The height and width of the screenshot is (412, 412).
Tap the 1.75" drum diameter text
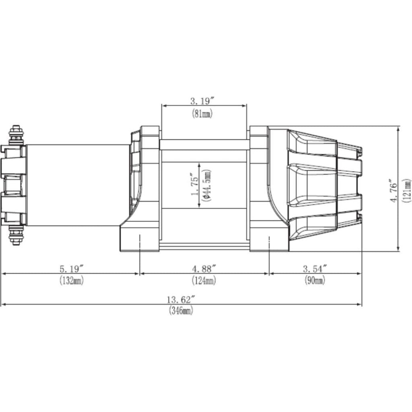195,185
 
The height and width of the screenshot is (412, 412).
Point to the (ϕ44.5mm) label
207,185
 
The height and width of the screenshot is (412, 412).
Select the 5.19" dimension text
72,268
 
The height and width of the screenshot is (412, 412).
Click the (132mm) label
71,281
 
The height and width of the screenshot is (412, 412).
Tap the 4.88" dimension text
204,268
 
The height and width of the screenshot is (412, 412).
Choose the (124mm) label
203,281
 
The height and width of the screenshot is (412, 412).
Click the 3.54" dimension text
315,268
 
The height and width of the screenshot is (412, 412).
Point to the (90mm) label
314,281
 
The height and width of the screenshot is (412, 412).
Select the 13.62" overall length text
181,299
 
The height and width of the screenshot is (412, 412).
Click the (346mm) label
181,311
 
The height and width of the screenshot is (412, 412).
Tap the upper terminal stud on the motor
16,135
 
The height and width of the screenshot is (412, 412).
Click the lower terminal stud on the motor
16,236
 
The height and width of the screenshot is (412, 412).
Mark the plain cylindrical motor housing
76,185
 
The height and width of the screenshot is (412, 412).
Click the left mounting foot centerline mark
139,241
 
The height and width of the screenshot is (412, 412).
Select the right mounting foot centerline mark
268,241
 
